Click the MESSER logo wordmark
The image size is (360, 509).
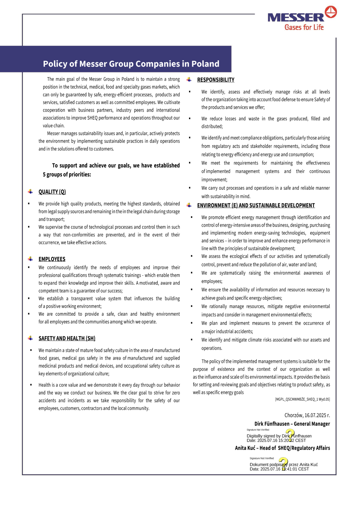[296, 18]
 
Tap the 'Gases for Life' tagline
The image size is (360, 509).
[304, 27]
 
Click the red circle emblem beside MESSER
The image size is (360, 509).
[331, 12]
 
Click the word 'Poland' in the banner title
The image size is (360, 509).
[205, 64]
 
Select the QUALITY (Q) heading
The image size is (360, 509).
[52, 192]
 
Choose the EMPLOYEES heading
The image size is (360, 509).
[52, 259]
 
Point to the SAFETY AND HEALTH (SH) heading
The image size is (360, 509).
[67, 338]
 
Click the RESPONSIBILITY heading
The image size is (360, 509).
[216, 80]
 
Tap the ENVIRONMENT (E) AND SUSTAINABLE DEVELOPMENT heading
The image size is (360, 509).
[256, 206]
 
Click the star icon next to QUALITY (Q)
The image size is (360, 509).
[31, 192]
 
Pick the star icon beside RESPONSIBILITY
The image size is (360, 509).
[189, 80]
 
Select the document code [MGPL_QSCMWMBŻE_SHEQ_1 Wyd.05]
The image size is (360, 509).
[302, 399]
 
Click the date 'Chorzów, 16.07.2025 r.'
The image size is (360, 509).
[307, 415]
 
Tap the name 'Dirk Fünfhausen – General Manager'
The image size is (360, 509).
[292, 424]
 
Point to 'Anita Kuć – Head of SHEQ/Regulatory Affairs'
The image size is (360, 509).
[282, 448]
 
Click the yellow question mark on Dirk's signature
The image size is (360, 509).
[289, 434]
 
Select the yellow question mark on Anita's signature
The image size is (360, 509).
[283, 463]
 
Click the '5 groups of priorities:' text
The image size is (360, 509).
[67, 175]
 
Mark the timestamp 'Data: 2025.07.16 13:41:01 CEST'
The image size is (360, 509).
[279, 469]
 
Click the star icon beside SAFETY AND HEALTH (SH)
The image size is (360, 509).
[31, 338]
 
